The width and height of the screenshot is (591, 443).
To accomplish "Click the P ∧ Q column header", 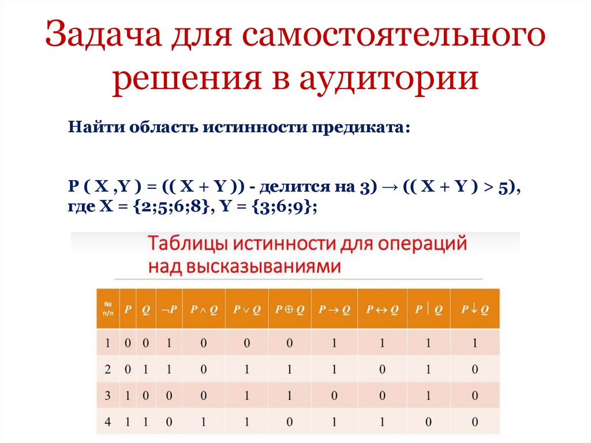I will pos(204,310).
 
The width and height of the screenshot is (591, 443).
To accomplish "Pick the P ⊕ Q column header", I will pos(289,310).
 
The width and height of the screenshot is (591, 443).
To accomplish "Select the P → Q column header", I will pos(334,310).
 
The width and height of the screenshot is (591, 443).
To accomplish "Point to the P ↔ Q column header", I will pos(381,310).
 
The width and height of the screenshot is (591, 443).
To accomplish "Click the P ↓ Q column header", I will pos(474,310).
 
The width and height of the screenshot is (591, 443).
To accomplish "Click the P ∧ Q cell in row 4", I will pos(204,422).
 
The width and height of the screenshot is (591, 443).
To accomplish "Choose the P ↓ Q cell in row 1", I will pos(474,344).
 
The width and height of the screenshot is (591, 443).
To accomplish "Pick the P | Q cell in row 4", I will pos(428,422).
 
